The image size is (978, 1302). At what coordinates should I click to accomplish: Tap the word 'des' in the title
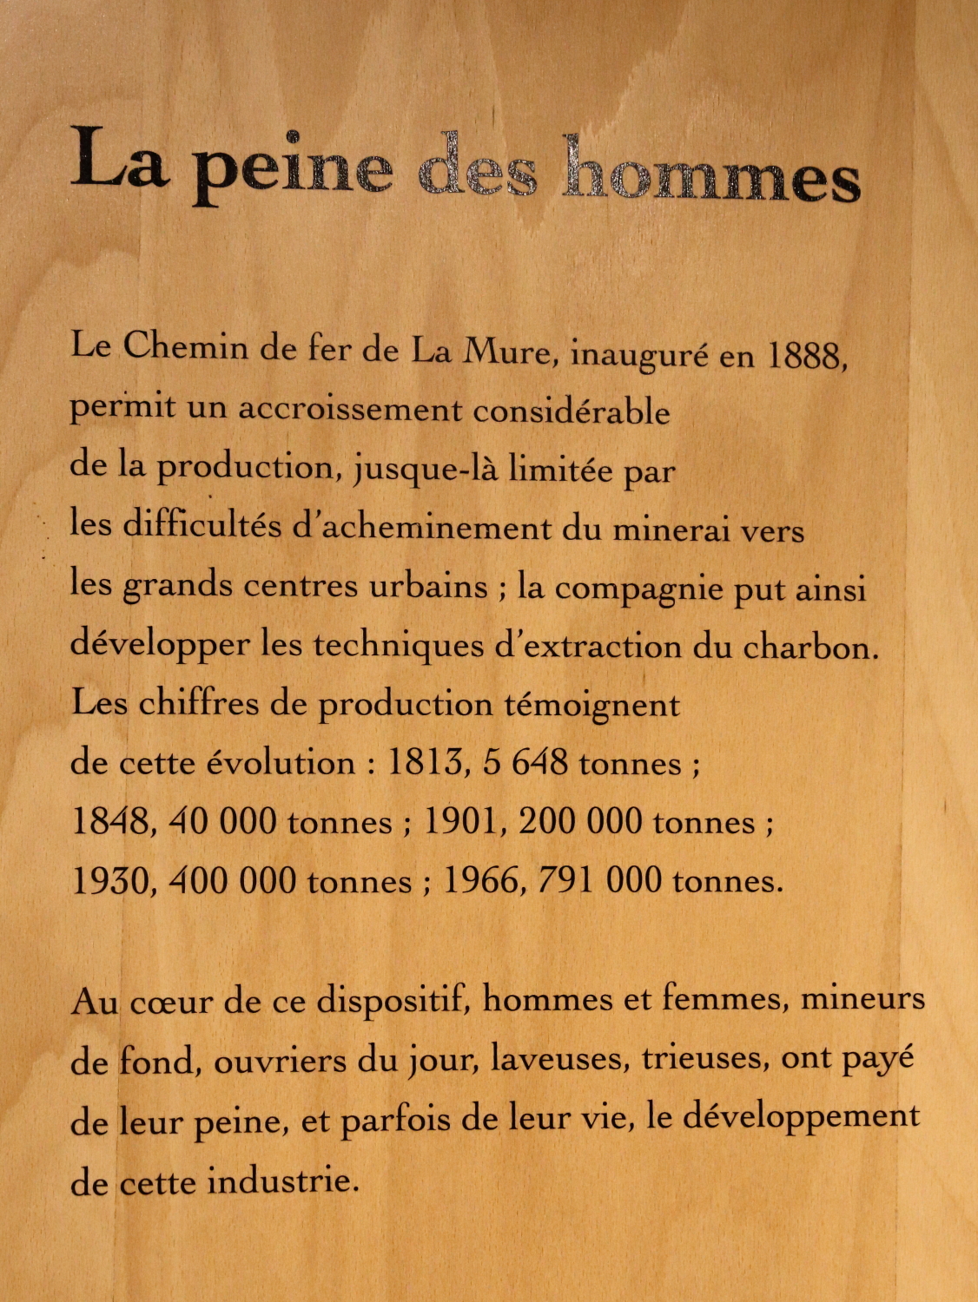[477, 167]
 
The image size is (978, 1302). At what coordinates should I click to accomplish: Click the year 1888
[806, 355]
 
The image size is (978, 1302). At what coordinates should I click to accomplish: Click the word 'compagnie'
[639, 589]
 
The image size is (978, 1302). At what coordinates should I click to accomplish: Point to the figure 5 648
[526, 763]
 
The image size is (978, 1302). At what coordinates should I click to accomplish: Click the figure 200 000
[580, 821]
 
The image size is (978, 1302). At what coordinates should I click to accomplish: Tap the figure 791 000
[599, 881]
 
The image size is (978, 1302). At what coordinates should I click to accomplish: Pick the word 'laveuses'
[559, 1060]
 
